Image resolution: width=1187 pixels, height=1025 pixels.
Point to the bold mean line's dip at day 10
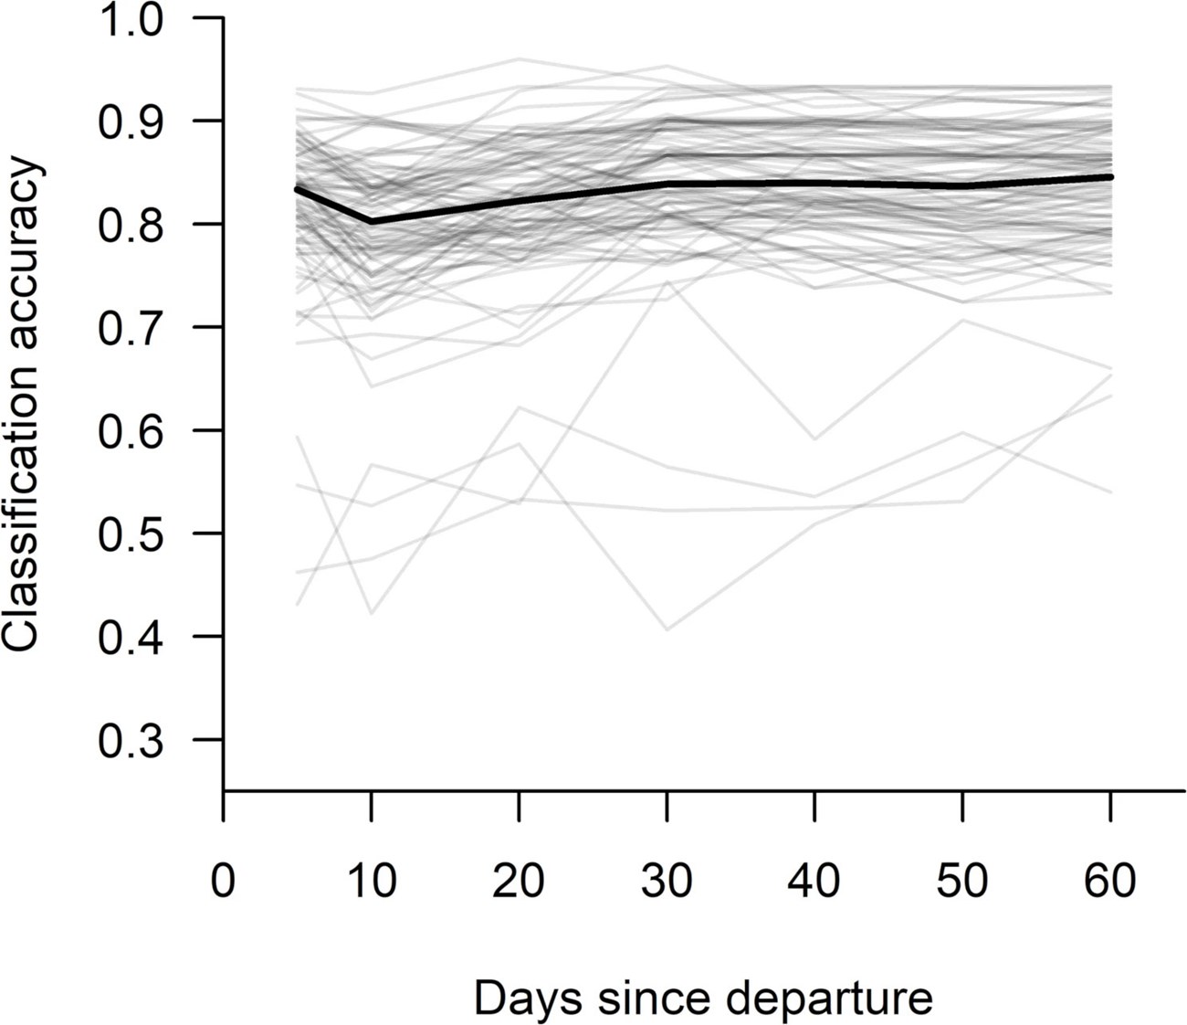372,221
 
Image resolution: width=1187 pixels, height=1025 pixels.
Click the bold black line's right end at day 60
1110,176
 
